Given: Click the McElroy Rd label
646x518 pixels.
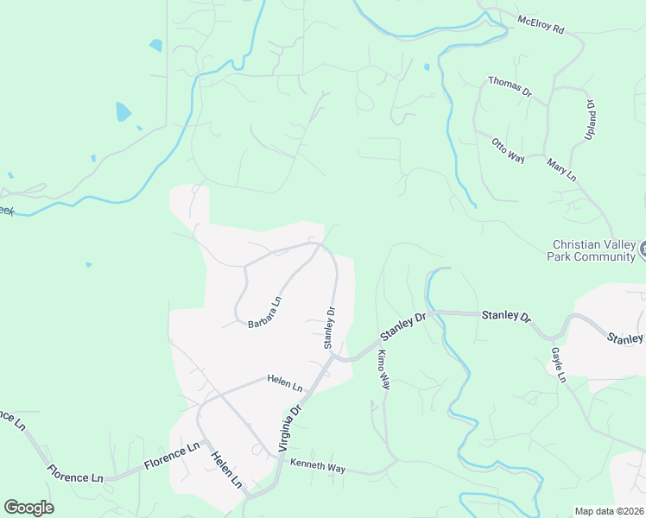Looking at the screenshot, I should pos(541,24).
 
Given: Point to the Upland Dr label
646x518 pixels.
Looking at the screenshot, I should pos(592,116).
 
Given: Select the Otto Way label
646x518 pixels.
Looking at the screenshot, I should pos(508,149).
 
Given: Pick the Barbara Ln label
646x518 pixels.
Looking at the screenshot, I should pos(265,313).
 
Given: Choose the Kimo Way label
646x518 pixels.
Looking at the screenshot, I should pos(383,370).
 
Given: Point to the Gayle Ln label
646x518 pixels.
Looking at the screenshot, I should pos(558,364).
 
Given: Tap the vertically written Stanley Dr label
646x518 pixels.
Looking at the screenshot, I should pos(329,327).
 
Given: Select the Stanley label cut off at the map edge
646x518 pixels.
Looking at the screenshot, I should pos(626,338).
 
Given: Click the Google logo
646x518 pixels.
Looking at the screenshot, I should pos(28,508).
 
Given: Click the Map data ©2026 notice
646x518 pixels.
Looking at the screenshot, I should pos(610,511).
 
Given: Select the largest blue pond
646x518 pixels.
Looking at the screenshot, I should pos(123,112).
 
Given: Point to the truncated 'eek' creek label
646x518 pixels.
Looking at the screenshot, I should pos(7,211).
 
